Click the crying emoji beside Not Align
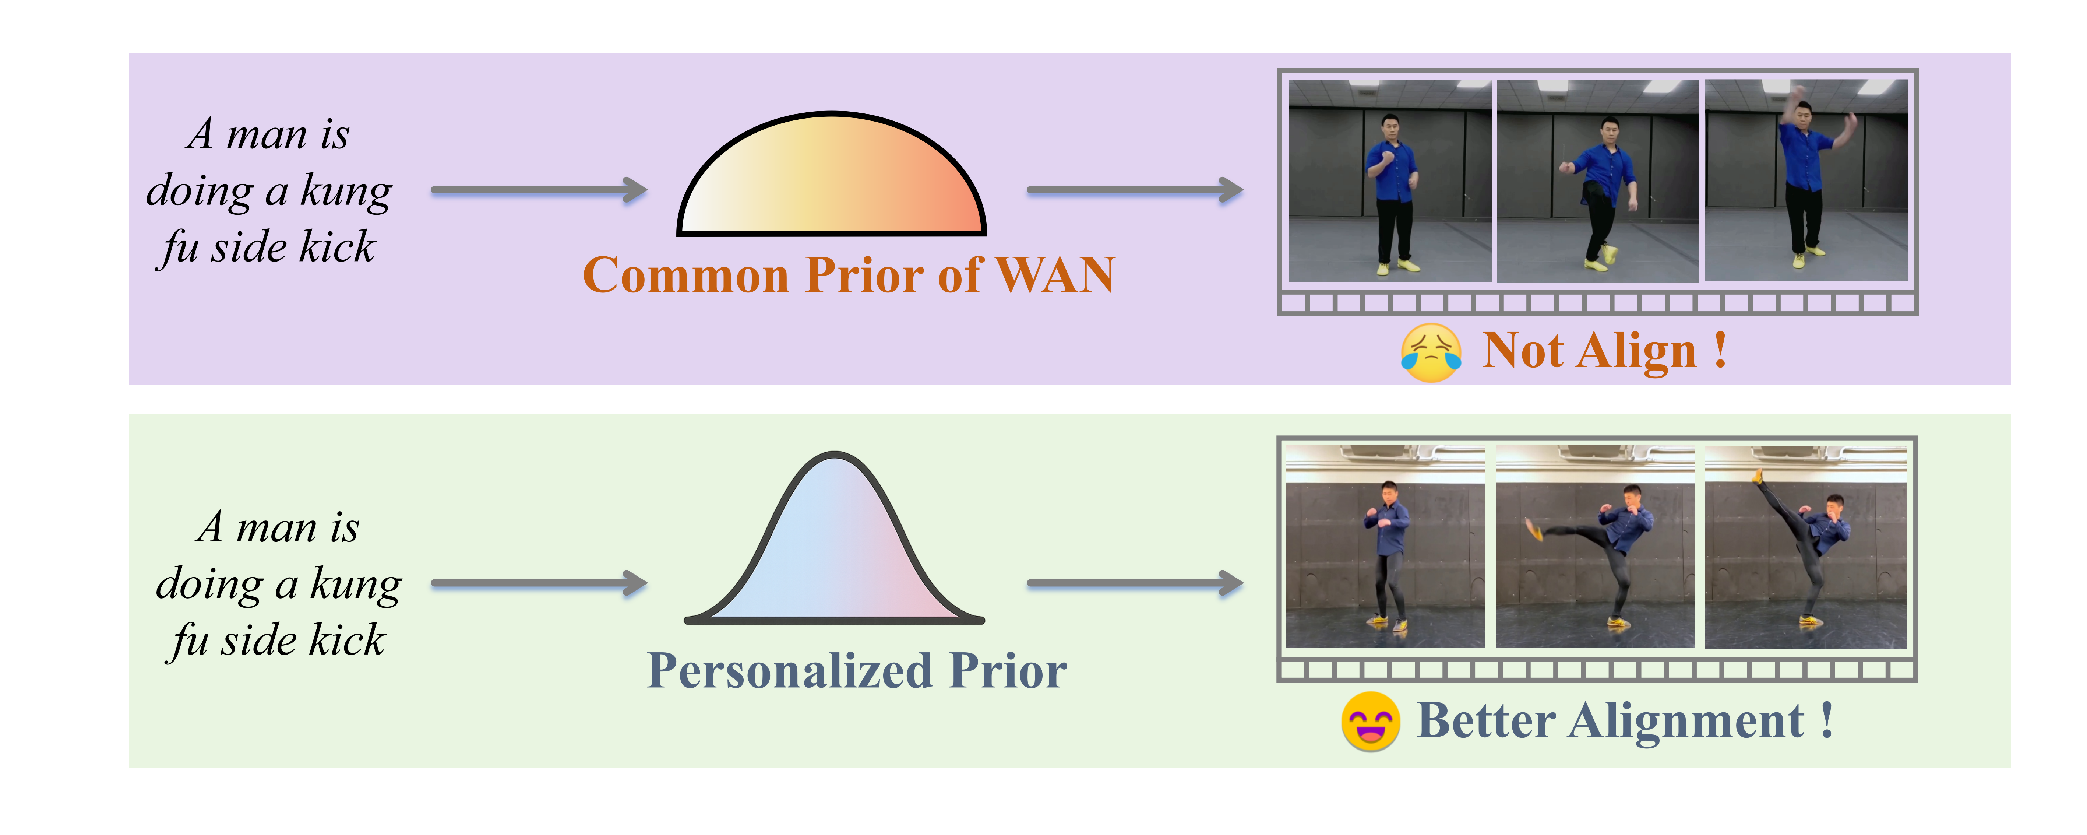pyautogui.click(x=1431, y=352)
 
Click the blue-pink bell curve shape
pyautogui.click(x=835, y=551)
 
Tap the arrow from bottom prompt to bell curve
pyautogui.click(x=539, y=583)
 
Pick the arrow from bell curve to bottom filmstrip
pyautogui.click(x=1134, y=583)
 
